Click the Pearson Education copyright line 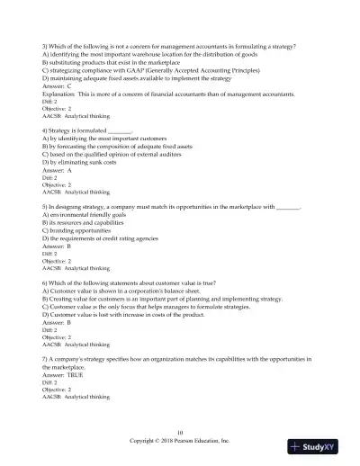click(180, 441)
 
